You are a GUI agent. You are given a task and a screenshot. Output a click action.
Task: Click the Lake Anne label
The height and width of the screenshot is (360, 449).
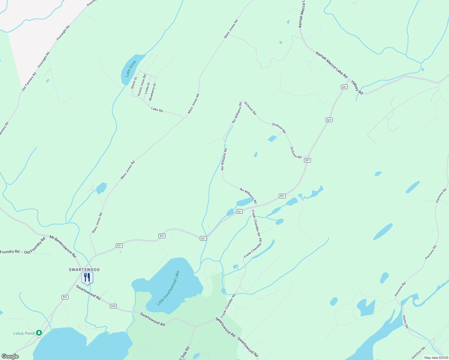coord(131,69)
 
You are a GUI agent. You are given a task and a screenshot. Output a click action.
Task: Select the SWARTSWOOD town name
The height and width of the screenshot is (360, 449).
coord(84,270)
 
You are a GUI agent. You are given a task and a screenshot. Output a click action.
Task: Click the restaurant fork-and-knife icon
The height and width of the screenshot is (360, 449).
coord(87,277)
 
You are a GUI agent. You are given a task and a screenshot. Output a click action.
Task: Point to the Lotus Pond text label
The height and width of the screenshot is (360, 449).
coord(24,333)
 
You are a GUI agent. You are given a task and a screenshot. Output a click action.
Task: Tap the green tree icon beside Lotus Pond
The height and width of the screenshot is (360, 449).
coord(39,333)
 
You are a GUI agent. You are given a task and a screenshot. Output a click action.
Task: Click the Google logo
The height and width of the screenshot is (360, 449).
coord(10,356)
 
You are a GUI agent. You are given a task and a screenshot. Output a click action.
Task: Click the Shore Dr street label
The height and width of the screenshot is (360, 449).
coord(134,83)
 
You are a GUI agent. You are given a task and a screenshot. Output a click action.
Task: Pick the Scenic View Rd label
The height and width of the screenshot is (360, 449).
coord(142,85)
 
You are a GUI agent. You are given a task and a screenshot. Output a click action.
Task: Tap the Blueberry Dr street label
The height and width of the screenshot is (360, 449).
coord(152,91)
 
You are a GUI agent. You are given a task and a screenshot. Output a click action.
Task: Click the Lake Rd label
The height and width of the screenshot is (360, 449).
coord(157,110)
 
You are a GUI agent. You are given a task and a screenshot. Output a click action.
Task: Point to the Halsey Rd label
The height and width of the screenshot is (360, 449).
coord(357,87)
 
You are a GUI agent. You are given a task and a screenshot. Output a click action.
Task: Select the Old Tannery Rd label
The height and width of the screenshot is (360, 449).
coord(29,82)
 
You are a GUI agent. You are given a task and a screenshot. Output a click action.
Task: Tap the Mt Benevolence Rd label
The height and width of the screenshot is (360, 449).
coord(63,247)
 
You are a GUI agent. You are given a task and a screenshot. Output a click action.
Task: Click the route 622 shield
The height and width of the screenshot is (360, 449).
coord(113,306)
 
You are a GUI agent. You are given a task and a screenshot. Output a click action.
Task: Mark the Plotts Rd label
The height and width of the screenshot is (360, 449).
coord(405,322)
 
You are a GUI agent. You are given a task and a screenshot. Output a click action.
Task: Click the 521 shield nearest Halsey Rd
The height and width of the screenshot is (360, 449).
coord(344,87)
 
